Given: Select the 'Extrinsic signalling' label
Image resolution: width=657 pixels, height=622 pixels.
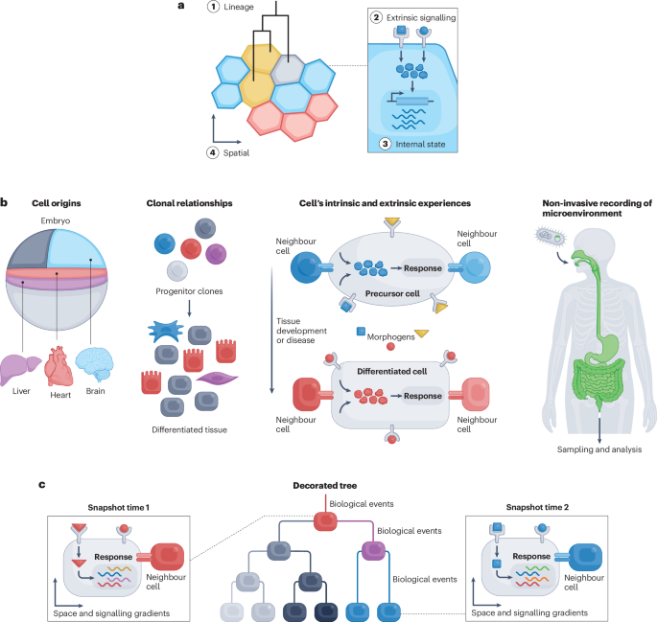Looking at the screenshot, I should coord(424,17).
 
